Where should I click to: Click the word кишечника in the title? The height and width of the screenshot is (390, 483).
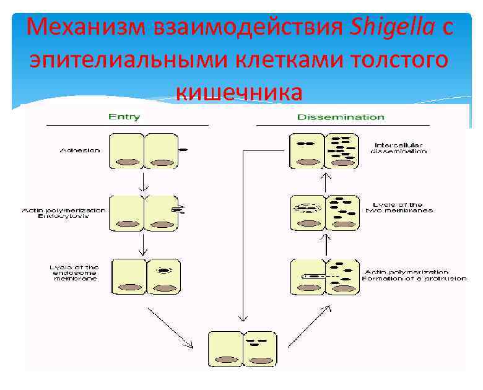240,92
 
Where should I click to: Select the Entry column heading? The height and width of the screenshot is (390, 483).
124,116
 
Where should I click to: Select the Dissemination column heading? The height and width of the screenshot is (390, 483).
341,116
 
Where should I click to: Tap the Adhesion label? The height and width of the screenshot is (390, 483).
80,150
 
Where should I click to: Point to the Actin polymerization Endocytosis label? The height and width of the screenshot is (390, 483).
64,214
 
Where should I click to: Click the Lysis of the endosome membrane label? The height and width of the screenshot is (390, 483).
75,273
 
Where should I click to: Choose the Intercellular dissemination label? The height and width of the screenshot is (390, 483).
400,148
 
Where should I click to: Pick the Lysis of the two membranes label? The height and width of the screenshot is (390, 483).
402,207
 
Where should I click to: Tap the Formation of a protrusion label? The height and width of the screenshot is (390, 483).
406,279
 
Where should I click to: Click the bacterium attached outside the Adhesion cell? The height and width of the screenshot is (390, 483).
183,150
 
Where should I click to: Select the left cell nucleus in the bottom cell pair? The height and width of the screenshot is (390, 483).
227,360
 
